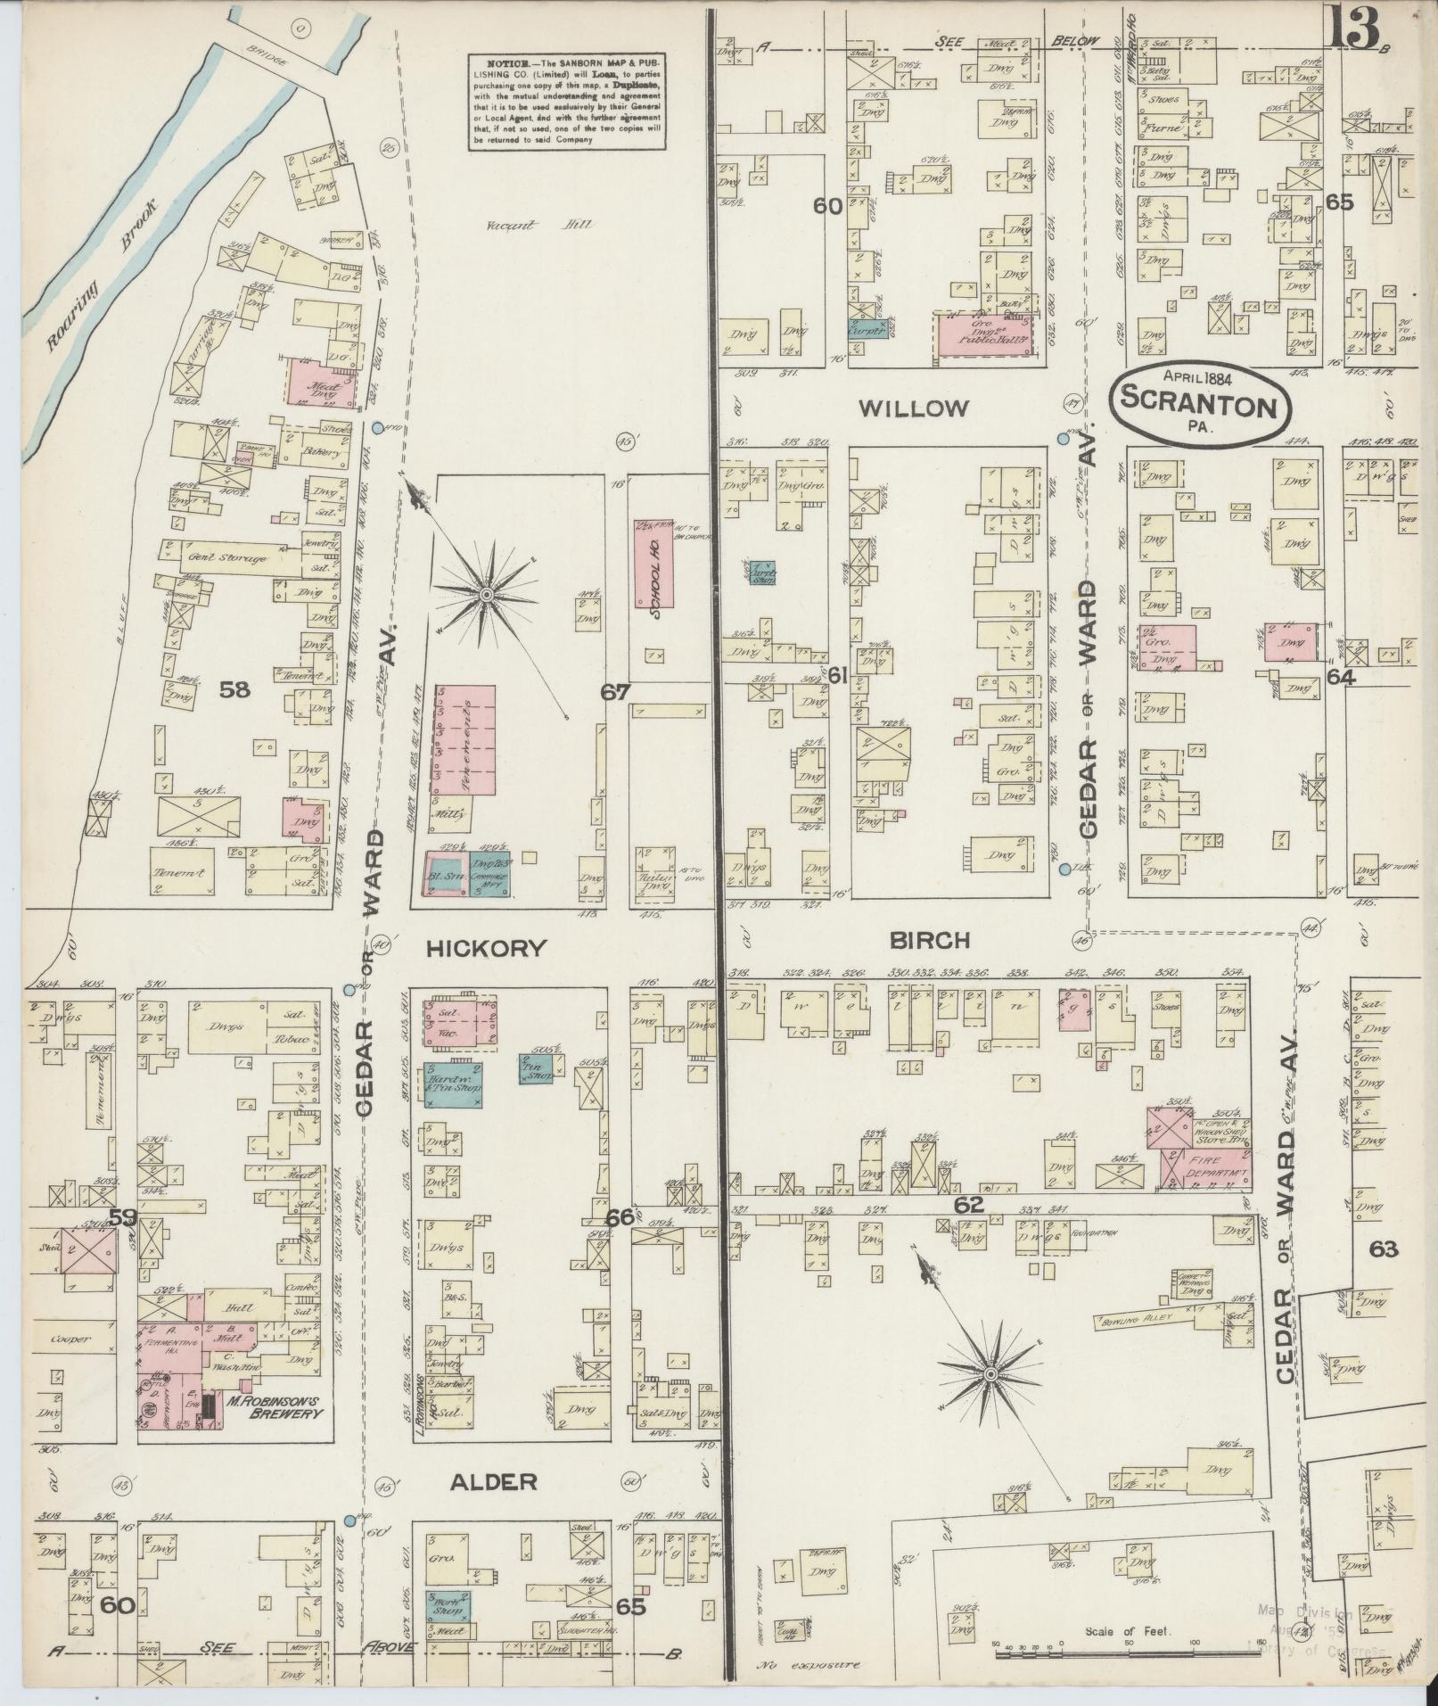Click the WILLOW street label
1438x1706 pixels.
pyautogui.click(x=913, y=409)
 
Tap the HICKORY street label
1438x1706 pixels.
pyautogui.click(x=486, y=948)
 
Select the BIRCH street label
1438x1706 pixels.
pyautogui.click(x=928, y=940)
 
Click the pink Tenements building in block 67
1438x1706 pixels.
pyautogui.click(x=463, y=739)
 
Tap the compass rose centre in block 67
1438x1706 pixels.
pyautogui.click(x=486, y=594)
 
